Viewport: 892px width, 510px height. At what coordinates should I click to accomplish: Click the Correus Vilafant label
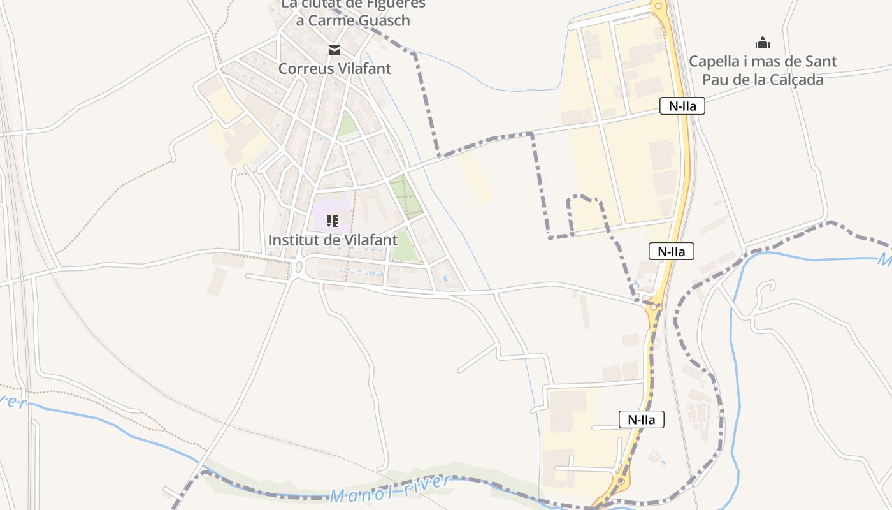[x=334, y=68]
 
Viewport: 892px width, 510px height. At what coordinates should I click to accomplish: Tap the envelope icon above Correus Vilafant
[x=334, y=50]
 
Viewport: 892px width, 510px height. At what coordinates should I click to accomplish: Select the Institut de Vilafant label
[x=333, y=240]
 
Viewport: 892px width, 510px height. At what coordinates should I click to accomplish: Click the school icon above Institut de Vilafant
[x=332, y=221]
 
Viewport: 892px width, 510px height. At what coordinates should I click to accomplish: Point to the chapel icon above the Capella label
[x=762, y=43]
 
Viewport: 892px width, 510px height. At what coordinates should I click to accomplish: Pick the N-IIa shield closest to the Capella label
[x=682, y=106]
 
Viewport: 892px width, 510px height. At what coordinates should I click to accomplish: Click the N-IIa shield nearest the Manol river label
[x=641, y=419]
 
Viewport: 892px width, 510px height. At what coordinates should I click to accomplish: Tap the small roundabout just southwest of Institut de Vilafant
[x=299, y=266]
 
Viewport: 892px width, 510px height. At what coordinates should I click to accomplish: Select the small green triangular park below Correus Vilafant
[x=347, y=124]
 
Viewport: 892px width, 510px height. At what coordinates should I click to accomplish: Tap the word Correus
[x=302, y=68]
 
